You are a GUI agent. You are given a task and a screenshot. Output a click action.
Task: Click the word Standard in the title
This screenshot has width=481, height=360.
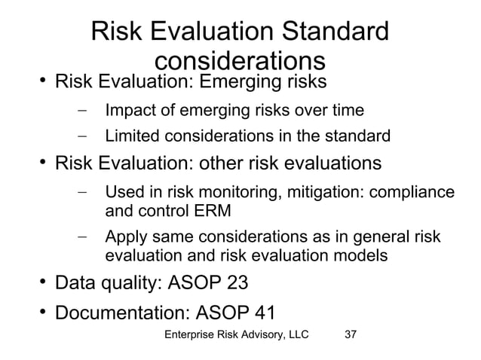click(x=329, y=32)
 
